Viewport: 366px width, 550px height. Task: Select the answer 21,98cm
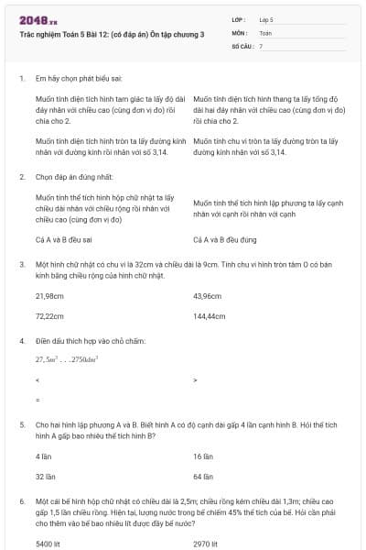[49, 296]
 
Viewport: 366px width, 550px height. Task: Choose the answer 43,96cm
[209, 296]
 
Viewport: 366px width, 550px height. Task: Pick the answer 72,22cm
[49, 315]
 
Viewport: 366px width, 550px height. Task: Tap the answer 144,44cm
[210, 315]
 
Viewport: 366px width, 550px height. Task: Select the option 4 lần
[44, 456]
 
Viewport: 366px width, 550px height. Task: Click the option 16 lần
[203, 456]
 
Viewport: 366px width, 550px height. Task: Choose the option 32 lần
[45, 477]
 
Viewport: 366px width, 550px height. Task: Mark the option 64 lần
[203, 477]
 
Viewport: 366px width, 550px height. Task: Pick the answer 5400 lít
[48, 543]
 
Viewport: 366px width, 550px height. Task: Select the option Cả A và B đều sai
[62, 239]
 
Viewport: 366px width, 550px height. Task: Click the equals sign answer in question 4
[37, 399]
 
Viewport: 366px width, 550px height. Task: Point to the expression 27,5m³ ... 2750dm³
[67, 359]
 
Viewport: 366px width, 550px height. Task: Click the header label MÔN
[241, 32]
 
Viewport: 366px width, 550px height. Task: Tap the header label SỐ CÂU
[242, 45]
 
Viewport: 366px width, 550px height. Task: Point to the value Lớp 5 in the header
[266, 19]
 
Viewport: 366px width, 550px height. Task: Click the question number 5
[21, 425]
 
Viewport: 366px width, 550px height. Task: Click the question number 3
[21, 263]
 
